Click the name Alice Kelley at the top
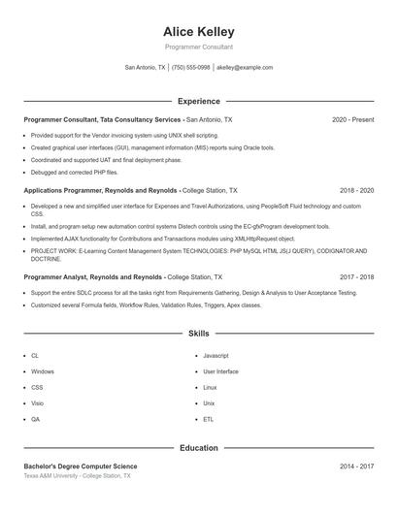pyautogui.click(x=198, y=32)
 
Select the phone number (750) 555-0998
pyautogui.click(x=190, y=68)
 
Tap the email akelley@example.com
pyautogui.click(x=245, y=68)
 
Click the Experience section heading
pyautogui.click(x=198, y=101)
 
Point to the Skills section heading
pyautogui.click(x=198, y=333)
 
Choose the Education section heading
pyautogui.click(x=198, y=448)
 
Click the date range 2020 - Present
pyautogui.click(x=352, y=119)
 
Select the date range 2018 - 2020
pyautogui.click(x=356, y=191)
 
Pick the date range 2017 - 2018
pyautogui.click(x=356, y=276)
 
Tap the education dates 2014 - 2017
pyautogui.click(x=356, y=466)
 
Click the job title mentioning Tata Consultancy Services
pyautogui.click(x=127, y=119)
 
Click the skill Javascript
pyautogui.click(x=216, y=356)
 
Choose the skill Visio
pyautogui.click(x=36, y=402)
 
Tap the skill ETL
pyautogui.click(x=208, y=419)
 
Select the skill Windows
pyautogui.click(x=42, y=371)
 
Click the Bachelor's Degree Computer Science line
pyautogui.click(x=87, y=466)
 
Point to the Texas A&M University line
pyautogui.click(x=77, y=476)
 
